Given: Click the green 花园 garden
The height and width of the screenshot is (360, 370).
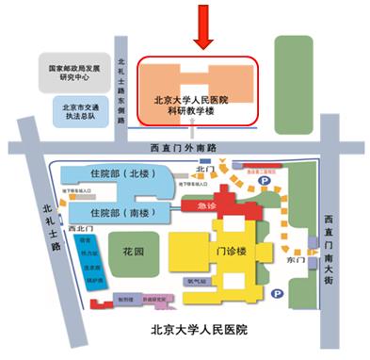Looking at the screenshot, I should click(133, 253).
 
